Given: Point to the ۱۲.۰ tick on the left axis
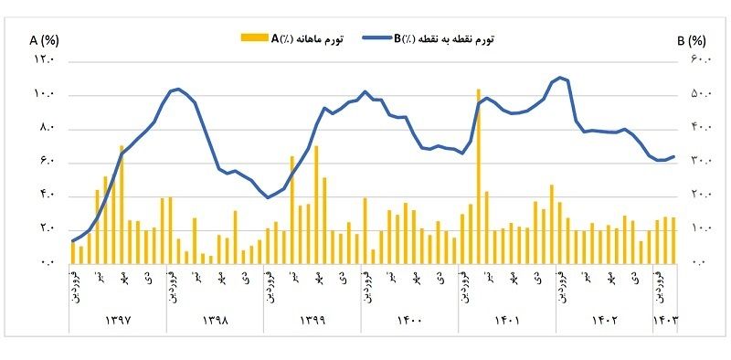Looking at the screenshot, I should coord(45,60).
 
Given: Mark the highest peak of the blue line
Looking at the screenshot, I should coord(560,78).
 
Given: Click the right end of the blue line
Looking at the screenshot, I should coord(674,156).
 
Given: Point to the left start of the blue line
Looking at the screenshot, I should coord(72,241).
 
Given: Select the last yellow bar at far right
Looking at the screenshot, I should coord(673,239).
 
